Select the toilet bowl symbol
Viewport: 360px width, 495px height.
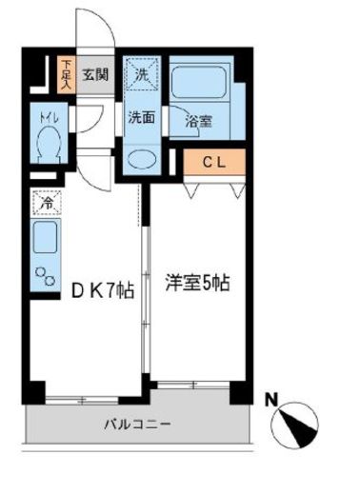coord(47,144)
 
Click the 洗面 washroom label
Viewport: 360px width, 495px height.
coord(141,117)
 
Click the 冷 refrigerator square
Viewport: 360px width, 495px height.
coord(44,203)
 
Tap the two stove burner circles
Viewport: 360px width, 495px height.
coord(44,276)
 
